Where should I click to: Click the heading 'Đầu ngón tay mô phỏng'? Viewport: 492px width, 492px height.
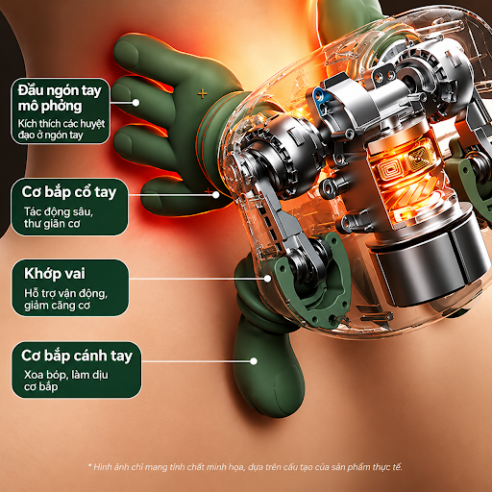click(60, 98)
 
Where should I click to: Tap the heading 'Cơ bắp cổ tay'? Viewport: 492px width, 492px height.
click(69, 192)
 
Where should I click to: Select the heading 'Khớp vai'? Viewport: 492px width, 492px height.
click(55, 274)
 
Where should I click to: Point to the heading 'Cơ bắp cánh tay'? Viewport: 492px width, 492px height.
click(77, 356)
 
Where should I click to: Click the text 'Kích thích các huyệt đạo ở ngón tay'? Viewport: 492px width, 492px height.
click(61, 129)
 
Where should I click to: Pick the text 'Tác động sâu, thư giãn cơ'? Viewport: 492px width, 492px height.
click(59, 217)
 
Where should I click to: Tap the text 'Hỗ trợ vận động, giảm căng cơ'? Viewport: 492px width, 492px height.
click(65, 299)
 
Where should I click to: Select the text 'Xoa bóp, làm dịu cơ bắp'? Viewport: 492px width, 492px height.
click(66, 381)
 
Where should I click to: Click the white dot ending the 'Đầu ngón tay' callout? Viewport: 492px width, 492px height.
click(135, 103)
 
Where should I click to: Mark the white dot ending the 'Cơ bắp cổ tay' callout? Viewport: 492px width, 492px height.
click(216, 194)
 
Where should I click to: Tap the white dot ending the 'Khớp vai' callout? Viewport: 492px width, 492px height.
click(267, 279)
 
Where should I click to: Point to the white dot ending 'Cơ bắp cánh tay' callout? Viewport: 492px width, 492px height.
click(254, 361)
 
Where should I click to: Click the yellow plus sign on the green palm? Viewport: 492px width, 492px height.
click(202, 94)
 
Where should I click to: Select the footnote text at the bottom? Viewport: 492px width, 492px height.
click(245, 467)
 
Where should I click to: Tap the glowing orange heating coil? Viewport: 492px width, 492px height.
click(406, 180)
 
